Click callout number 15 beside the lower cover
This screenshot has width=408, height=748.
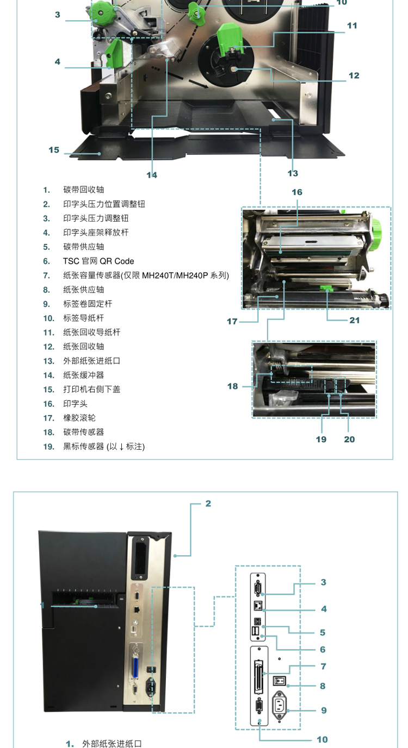click(x=54, y=150)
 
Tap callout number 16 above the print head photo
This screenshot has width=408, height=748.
click(x=297, y=192)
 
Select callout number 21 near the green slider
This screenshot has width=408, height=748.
click(x=355, y=320)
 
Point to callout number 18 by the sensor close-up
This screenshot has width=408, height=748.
click(x=233, y=386)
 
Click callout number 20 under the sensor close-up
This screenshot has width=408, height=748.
click(x=349, y=439)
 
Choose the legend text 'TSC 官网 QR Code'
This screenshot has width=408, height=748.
click(x=98, y=261)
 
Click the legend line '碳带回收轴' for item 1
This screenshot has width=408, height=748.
click(x=84, y=190)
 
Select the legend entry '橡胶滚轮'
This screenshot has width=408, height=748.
click(x=79, y=418)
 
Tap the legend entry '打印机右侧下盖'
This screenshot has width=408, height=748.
click(x=91, y=389)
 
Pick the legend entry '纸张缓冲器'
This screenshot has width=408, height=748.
click(x=84, y=375)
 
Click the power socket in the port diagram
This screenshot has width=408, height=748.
click(x=280, y=706)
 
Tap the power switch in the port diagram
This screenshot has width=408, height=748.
click(x=280, y=680)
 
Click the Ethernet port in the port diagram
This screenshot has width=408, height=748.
click(x=258, y=606)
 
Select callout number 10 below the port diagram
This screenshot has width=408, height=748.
click(x=323, y=740)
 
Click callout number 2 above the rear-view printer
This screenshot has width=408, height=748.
click(x=208, y=503)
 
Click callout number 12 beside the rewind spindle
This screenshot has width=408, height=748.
click(x=354, y=76)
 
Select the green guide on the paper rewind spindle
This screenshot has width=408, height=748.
click(x=229, y=37)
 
